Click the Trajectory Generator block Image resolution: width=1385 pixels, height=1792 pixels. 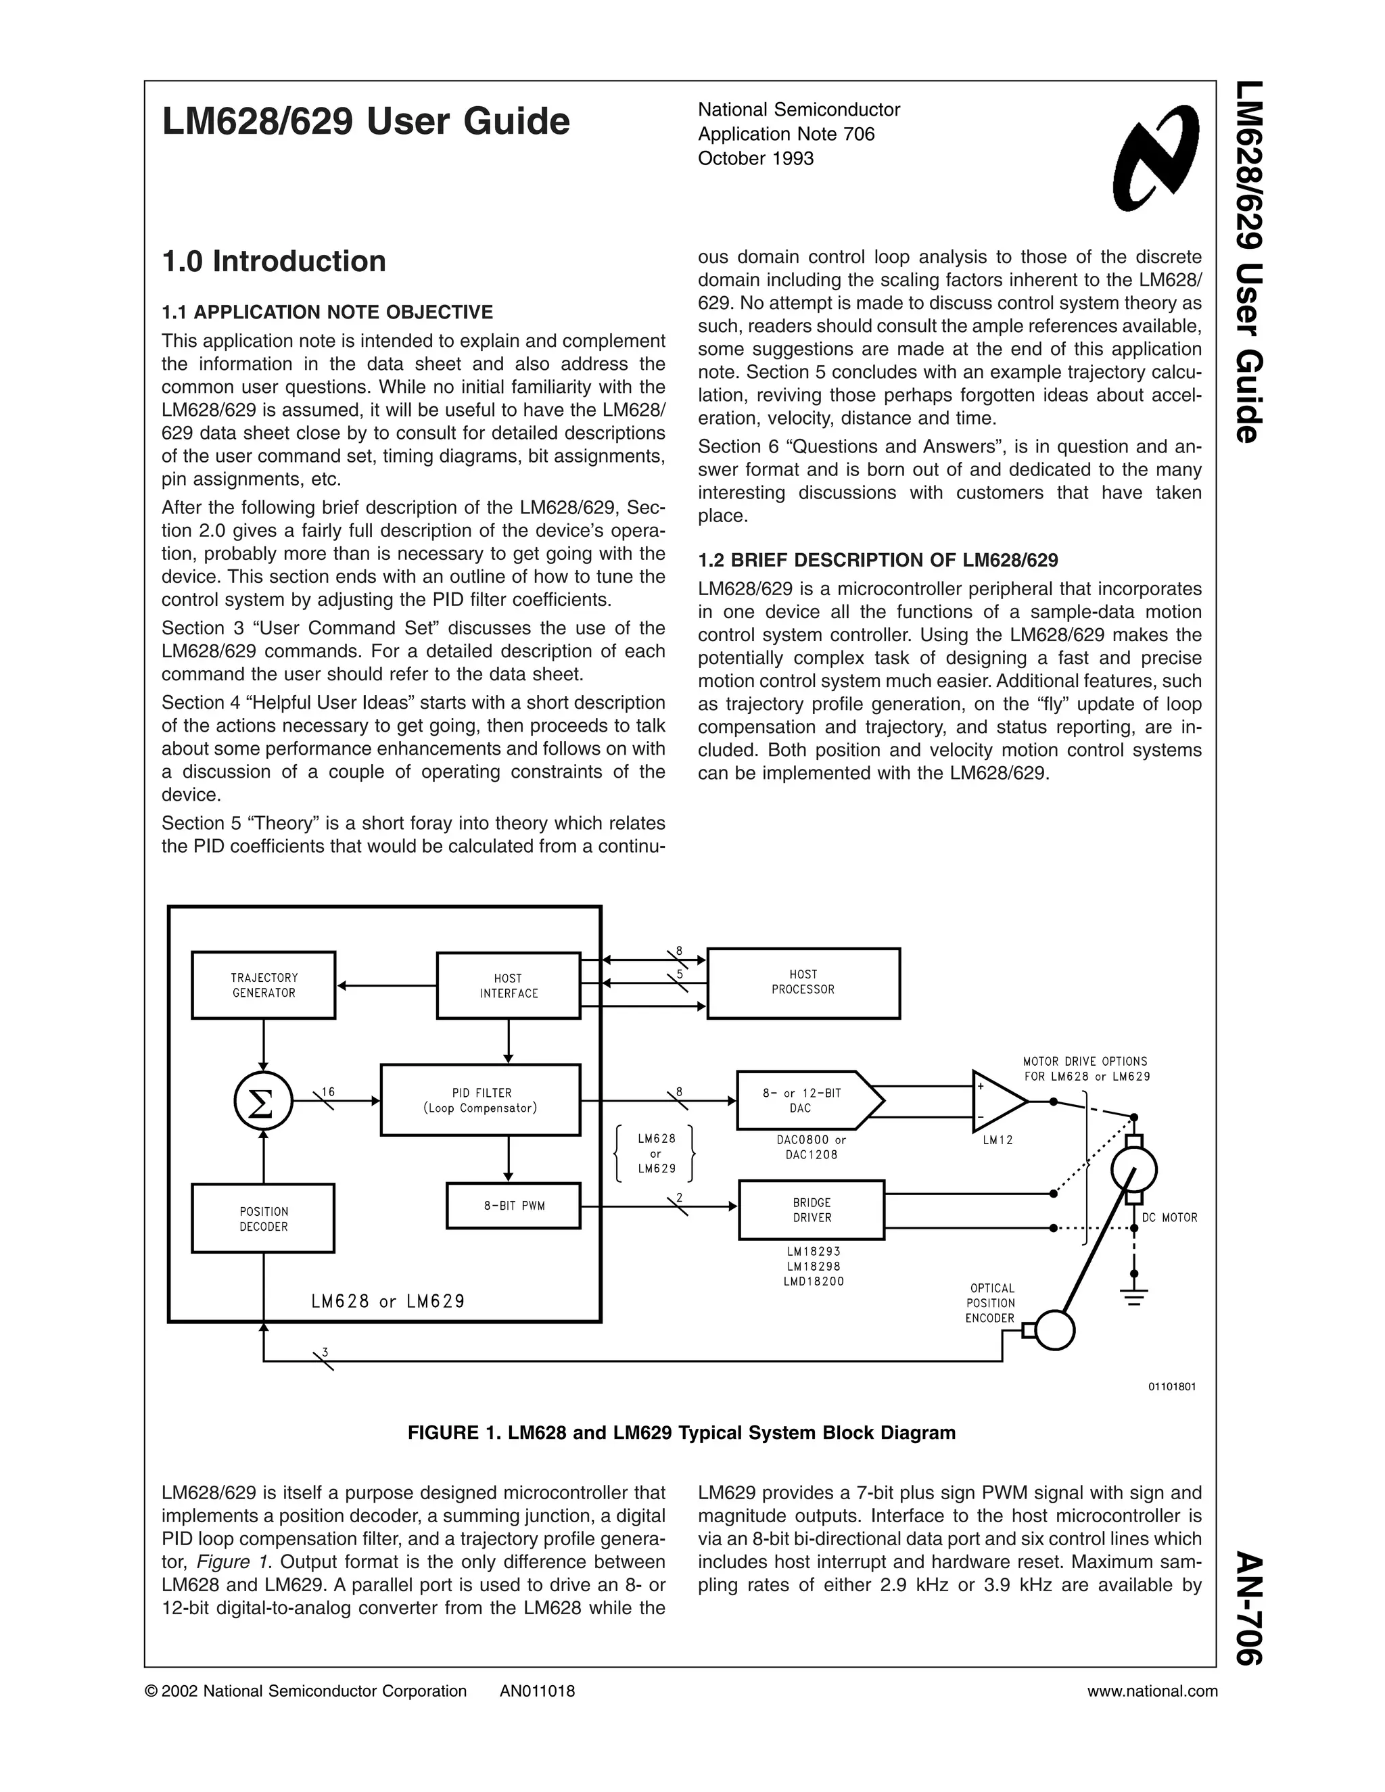click(263, 985)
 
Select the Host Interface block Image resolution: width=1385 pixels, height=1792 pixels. click(508, 985)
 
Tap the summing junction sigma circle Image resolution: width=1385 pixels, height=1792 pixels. click(263, 1102)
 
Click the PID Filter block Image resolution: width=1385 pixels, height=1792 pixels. click(480, 1100)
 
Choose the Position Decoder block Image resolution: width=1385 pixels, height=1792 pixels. click(263, 1219)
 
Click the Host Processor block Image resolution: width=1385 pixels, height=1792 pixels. click(803, 983)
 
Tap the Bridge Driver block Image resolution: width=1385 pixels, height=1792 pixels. click(812, 1210)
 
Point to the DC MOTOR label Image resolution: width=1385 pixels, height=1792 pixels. click(1169, 1218)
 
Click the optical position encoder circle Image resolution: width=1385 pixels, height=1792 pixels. click(1054, 1330)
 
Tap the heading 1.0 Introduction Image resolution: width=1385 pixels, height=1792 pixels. click(274, 261)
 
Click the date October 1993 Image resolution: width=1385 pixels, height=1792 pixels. click(755, 158)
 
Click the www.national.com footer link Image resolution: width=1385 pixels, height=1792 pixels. click(1152, 1691)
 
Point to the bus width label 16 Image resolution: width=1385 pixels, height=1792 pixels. click(328, 1091)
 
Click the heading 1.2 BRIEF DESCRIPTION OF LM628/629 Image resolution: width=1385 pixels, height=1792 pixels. click(878, 561)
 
